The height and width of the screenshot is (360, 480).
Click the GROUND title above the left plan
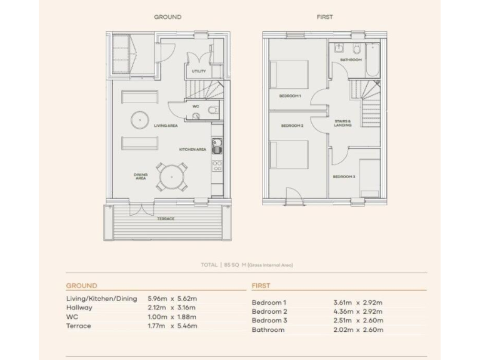pyautogui.click(x=167, y=17)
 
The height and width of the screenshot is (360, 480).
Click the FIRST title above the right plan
pyautogui.click(x=324, y=17)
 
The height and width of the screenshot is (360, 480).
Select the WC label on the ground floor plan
pyautogui.click(x=196, y=107)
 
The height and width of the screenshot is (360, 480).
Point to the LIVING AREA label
pyautogui.click(x=166, y=126)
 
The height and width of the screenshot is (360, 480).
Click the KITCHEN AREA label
pyautogui.click(x=192, y=150)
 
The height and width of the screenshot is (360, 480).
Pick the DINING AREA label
pyautogui.click(x=140, y=176)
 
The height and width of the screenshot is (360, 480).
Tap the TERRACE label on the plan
pyautogui.click(x=166, y=219)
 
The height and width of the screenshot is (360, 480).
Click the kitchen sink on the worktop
pyautogui.click(x=217, y=147)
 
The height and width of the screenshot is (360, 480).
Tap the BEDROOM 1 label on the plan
pyautogui.click(x=290, y=96)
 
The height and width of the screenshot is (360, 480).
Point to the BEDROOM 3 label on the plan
pyautogui.click(x=344, y=177)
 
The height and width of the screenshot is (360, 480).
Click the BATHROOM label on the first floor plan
pyautogui.click(x=351, y=60)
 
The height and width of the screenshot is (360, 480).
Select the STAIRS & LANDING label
pyautogui.click(x=342, y=123)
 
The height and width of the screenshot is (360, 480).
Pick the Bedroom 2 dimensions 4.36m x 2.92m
pyautogui.click(x=357, y=311)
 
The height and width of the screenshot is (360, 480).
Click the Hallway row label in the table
pyautogui.click(x=79, y=307)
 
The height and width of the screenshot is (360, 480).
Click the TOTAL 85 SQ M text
pyautogui.click(x=246, y=265)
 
